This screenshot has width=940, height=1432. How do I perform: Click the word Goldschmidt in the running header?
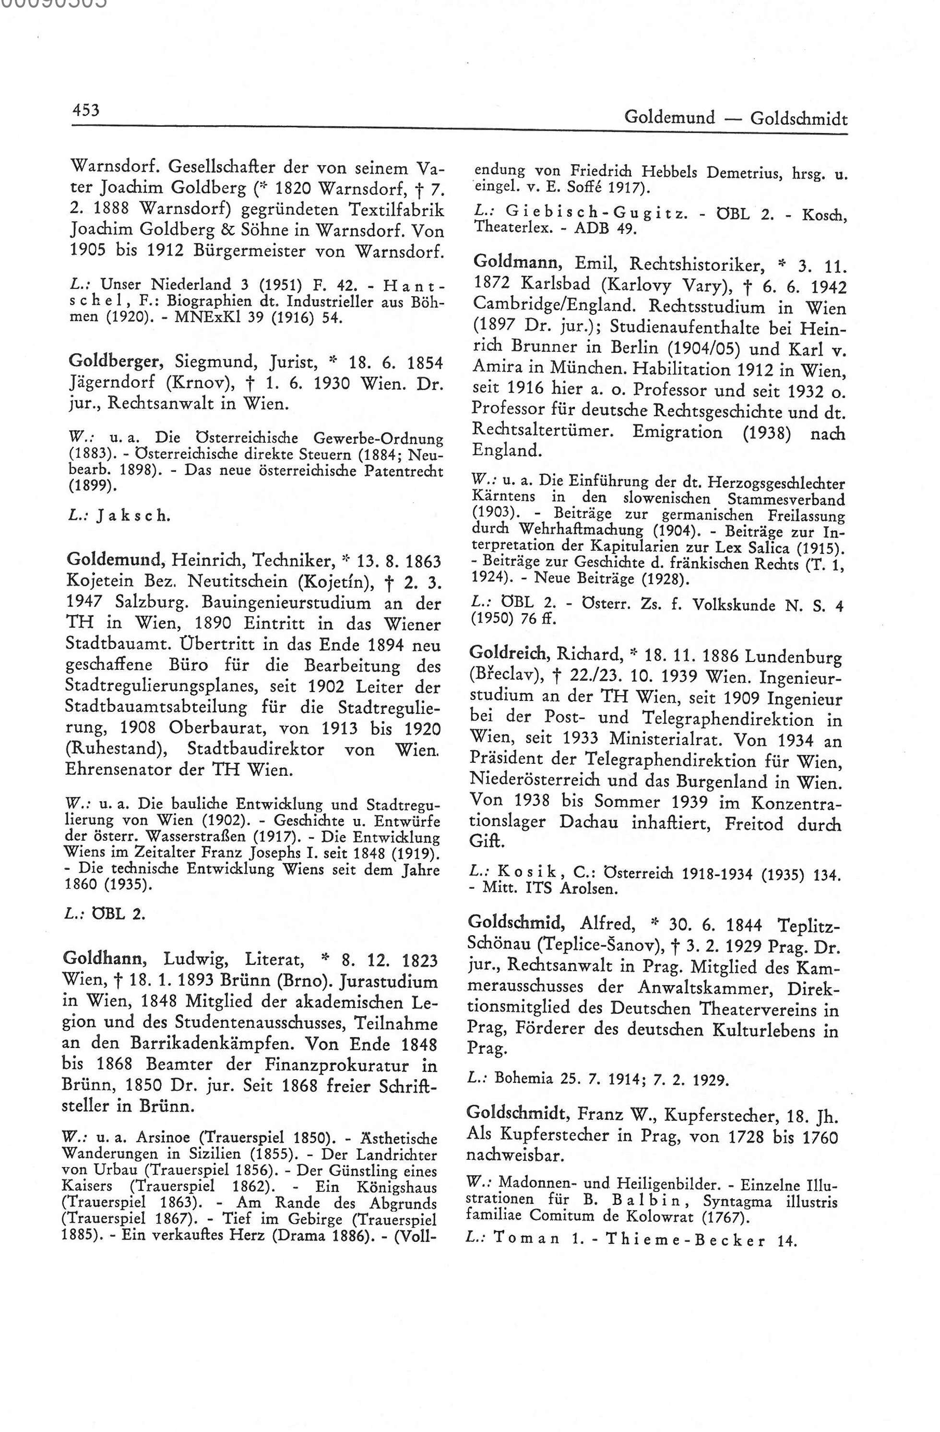coord(798,119)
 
